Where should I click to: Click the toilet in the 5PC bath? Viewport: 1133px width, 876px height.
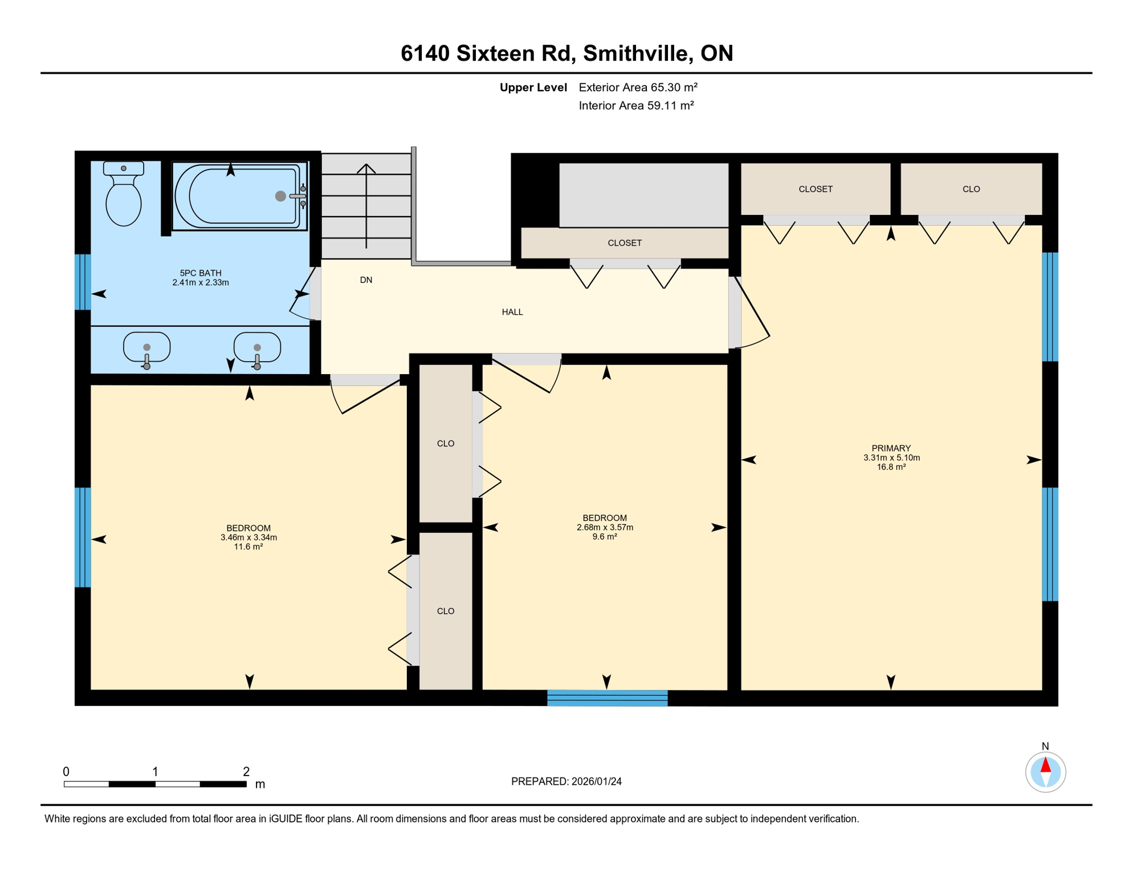pos(124,197)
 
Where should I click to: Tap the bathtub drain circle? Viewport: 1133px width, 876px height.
pos(280,196)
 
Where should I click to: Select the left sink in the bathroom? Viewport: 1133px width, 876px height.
pos(147,347)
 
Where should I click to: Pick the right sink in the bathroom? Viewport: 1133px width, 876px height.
pos(257,347)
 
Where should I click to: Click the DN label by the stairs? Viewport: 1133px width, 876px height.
pos(366,280)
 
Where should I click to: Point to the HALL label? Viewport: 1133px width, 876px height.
pos(512,312)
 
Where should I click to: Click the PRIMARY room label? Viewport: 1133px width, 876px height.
pos(891,448)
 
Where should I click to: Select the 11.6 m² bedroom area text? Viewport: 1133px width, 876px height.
pos(248,547)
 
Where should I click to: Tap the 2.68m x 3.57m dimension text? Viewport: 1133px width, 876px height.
pos(605,528)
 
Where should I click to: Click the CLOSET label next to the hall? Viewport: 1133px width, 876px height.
pos(625,243)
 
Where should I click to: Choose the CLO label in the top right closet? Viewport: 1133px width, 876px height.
pos(971,189)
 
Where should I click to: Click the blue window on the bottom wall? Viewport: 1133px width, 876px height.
pos(607,698)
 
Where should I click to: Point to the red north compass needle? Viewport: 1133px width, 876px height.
pos(1045,765)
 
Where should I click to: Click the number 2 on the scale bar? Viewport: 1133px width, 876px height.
pos(246,772)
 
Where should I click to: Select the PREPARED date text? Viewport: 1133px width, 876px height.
pos(566,781)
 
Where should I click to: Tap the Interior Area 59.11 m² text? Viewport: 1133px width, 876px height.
pos(636,106)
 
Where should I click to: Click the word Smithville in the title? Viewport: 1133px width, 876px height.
pos(638,53)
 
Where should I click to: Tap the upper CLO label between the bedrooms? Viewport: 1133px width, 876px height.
pos(446,444)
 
